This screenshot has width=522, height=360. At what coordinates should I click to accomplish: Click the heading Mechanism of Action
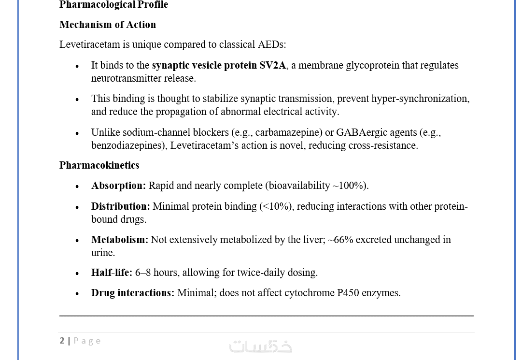(x=107, y=25)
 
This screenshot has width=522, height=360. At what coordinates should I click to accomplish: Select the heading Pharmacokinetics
(x=99, y=165)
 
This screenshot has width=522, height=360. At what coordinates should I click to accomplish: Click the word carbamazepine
(x=288, y=132)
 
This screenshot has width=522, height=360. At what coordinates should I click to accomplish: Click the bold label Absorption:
(x=118, y=186)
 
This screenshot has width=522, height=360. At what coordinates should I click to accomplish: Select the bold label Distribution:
(x=120, y=206)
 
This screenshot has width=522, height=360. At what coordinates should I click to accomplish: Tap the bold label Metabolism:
(x=119, y=240)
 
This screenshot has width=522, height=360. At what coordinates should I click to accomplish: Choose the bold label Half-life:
(x=112, y=273)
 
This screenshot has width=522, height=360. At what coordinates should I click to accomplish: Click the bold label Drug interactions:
(x=132, y=293)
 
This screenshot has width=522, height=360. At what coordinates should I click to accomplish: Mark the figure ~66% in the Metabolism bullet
(x=340, y=240)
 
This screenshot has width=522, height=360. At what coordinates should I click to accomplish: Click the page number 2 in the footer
(x=62, y=341)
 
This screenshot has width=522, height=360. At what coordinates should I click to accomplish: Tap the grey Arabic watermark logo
(x=260, y=346)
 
